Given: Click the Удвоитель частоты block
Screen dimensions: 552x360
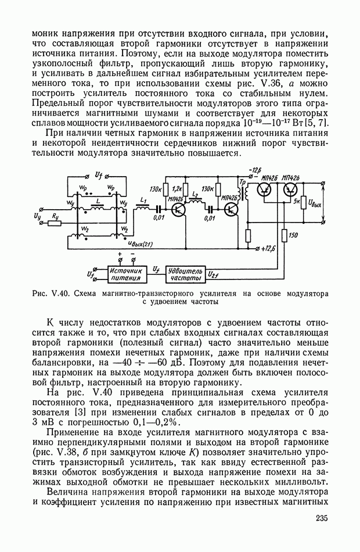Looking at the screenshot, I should pyautogui.click(x=185, y=274).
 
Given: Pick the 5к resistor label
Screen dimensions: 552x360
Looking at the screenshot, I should pyautogui.click(x=297, y=203).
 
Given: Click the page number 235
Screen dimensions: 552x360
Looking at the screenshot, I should pyautogui.click(x=322, y=518).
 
